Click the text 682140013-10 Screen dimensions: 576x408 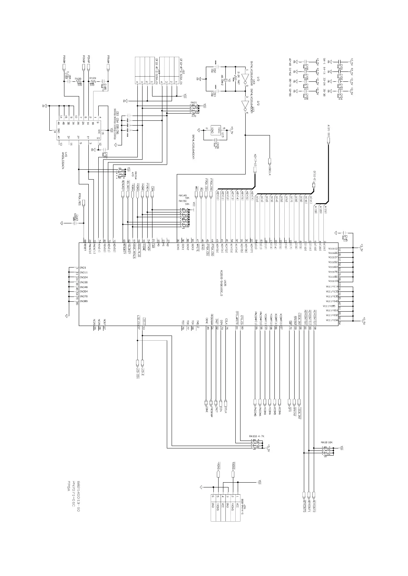[x=78, y=496]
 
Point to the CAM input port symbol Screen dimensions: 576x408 [x=152, y=194]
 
